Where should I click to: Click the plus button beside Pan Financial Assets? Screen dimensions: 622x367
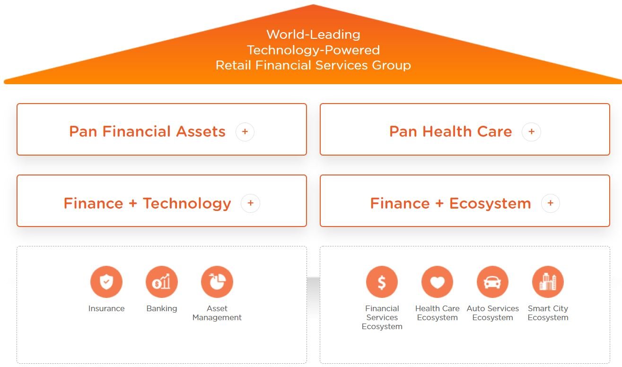245,131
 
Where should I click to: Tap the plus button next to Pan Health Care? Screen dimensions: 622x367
531,131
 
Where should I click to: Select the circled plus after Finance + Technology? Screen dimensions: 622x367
251,203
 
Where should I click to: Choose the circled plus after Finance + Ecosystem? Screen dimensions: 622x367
551,203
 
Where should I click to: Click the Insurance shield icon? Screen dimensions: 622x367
106,282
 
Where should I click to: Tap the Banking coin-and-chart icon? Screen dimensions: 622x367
162,282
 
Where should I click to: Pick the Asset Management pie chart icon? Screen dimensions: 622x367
217,282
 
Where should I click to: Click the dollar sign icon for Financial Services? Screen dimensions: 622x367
382,282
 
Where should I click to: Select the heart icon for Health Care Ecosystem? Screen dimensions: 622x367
437,282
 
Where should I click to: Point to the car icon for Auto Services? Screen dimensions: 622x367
492,282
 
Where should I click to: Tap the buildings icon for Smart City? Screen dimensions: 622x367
548,282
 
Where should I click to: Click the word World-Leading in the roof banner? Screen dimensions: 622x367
313,35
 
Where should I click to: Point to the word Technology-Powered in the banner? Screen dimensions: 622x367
313,51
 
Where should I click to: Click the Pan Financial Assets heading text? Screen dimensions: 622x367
147,131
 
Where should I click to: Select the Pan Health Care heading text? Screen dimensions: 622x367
450,131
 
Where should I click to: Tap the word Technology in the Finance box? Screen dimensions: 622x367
187,204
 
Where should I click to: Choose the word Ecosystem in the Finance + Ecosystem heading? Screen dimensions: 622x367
490,204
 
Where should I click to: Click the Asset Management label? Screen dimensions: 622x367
217,313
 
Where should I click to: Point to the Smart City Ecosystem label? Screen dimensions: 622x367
548,313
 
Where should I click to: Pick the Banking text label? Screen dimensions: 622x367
162,309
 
